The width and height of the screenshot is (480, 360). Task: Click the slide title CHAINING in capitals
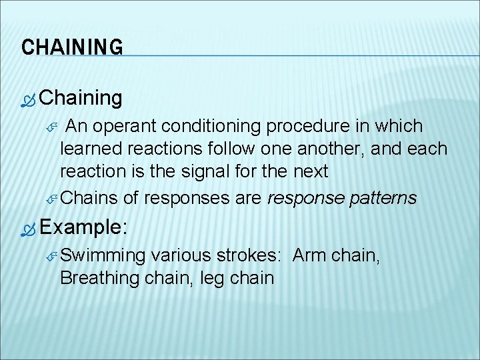[x=72, y=47]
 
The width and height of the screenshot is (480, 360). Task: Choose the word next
[x=311, y=171]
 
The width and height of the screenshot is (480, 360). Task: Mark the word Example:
[x=83, y=227]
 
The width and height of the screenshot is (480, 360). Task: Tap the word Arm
[x=310, y=255]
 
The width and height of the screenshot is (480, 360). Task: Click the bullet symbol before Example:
[x=27, y=228]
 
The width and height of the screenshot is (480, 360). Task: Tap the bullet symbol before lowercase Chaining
[x=27, y=100]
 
